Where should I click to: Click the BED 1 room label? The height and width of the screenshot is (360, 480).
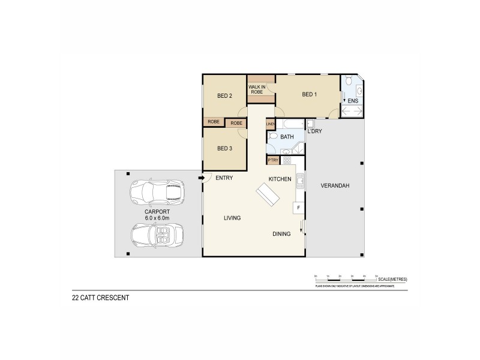point(309,95)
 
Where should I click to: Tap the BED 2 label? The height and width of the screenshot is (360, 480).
point(224,96)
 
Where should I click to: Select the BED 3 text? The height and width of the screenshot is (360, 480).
point(224,149)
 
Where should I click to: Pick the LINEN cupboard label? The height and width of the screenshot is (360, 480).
point(271,124)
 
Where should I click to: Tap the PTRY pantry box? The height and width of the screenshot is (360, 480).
point(273,160)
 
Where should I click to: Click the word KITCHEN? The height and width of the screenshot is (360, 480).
point(280,179)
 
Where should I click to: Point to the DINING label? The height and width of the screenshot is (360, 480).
point(281,234)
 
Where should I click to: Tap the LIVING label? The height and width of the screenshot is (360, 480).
point(232,218)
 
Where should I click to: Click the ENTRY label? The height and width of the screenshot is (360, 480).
point(224,178)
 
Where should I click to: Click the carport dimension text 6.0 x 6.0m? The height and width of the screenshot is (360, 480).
point(157,218)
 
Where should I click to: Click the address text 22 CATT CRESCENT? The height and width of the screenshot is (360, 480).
point(100,297)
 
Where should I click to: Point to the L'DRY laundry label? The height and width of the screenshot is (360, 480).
point(315,131)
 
